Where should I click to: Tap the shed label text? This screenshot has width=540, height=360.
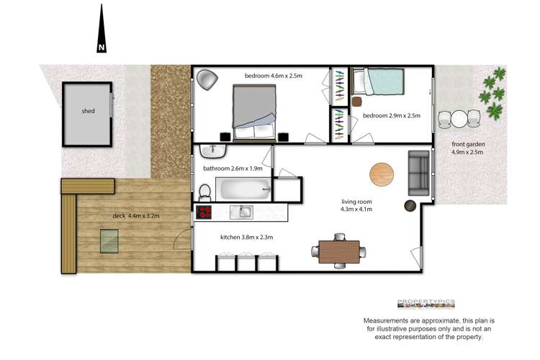(88, 111)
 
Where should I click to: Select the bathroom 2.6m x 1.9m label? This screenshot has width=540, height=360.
(233, 168)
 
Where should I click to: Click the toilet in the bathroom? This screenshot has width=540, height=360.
(205, 192)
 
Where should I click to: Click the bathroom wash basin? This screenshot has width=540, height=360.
(213, 151)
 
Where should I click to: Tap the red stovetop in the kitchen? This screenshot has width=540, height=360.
(204, 212)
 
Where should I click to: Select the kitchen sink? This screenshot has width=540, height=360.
(242, 212)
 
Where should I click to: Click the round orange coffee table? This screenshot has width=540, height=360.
(382, 174)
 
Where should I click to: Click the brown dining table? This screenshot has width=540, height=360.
(338, 251)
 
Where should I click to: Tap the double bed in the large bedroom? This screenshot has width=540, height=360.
(255, 112)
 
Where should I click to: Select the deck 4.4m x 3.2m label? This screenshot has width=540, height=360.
(135, 215)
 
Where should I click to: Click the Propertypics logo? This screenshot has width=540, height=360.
(426, 303)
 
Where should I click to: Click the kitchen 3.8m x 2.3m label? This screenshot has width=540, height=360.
(246, 237)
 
